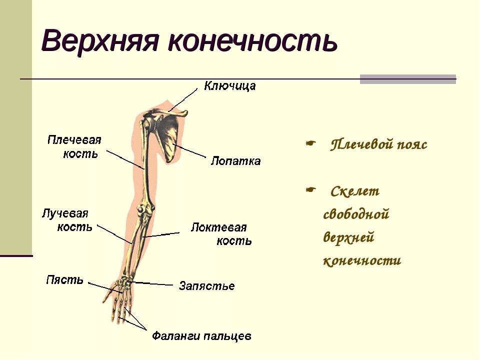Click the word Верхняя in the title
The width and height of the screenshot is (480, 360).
pyautogui.click(x=100, y=41)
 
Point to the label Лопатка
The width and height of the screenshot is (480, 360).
pyautogui.click(x=235, y=161)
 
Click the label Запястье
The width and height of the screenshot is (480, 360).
pyautogui.click(x=206, y=286)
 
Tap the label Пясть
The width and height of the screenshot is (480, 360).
pyautogui.click(x=64, y=279)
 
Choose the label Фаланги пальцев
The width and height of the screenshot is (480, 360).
pyautogui.click(x=201, y=336)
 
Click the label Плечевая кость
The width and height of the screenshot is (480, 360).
pyautogui.click(x=74, y=146)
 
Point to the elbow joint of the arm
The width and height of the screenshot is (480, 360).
pyautogui.click(x=145, y=210)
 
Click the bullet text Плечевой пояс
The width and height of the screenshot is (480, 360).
pyautogui.click(x=379, y=145)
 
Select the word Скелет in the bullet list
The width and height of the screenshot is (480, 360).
pyautogui.click(x=355, y=191)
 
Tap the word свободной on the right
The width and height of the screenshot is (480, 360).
pyautogui.click(x=356, y=214)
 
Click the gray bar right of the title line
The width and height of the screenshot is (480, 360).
pyautogui.click(x=408, y=79)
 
